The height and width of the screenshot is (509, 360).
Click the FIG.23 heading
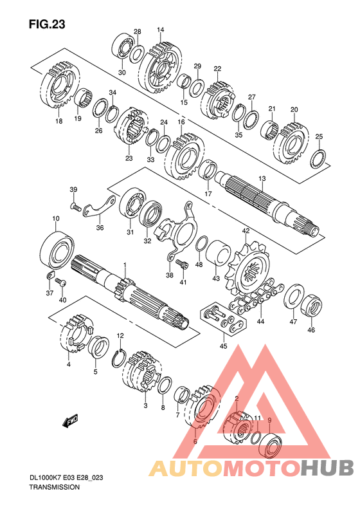pyautogui.click(x=47, y=24)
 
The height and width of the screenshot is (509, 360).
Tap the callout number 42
pyautogui.click(x=246, y=231)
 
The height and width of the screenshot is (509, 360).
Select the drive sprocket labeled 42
pyautogui.click(x=248, y=272)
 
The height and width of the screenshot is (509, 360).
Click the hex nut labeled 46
pyautogui.click(x=311, y=306)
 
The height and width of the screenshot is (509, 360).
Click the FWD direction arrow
pyautogui.click(x=70, y=421)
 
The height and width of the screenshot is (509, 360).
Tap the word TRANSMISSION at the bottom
pyautogui.click(x=54, y=487)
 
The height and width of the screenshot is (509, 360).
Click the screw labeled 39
pyautogui.click(x=76, y=207)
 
